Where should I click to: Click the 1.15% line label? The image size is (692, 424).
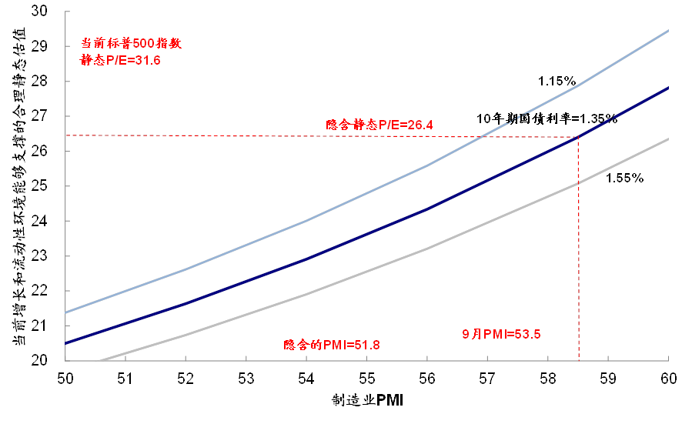tap(557, 81)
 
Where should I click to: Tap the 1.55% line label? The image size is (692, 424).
tap(624, 178)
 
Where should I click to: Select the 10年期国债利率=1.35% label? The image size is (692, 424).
tap(547, 119)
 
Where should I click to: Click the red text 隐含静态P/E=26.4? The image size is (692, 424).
tap(379, 125)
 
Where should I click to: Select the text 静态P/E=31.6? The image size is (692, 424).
tap(120, 59)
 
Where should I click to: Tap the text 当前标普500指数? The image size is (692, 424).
tap(131, 43)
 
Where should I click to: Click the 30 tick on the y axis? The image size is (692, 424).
tap(40, 11)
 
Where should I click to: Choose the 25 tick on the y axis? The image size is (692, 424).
tap(40, 185)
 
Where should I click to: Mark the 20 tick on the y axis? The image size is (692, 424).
tap(40, 360)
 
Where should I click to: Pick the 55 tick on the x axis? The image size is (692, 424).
tap(366, 379)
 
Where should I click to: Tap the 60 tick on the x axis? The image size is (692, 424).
tap(668, 379)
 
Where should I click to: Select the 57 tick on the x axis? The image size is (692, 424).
tap(487, 379)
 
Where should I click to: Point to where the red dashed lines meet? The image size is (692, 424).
tap(579, 136)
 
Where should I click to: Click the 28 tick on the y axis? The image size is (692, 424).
tap(40, 81)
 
